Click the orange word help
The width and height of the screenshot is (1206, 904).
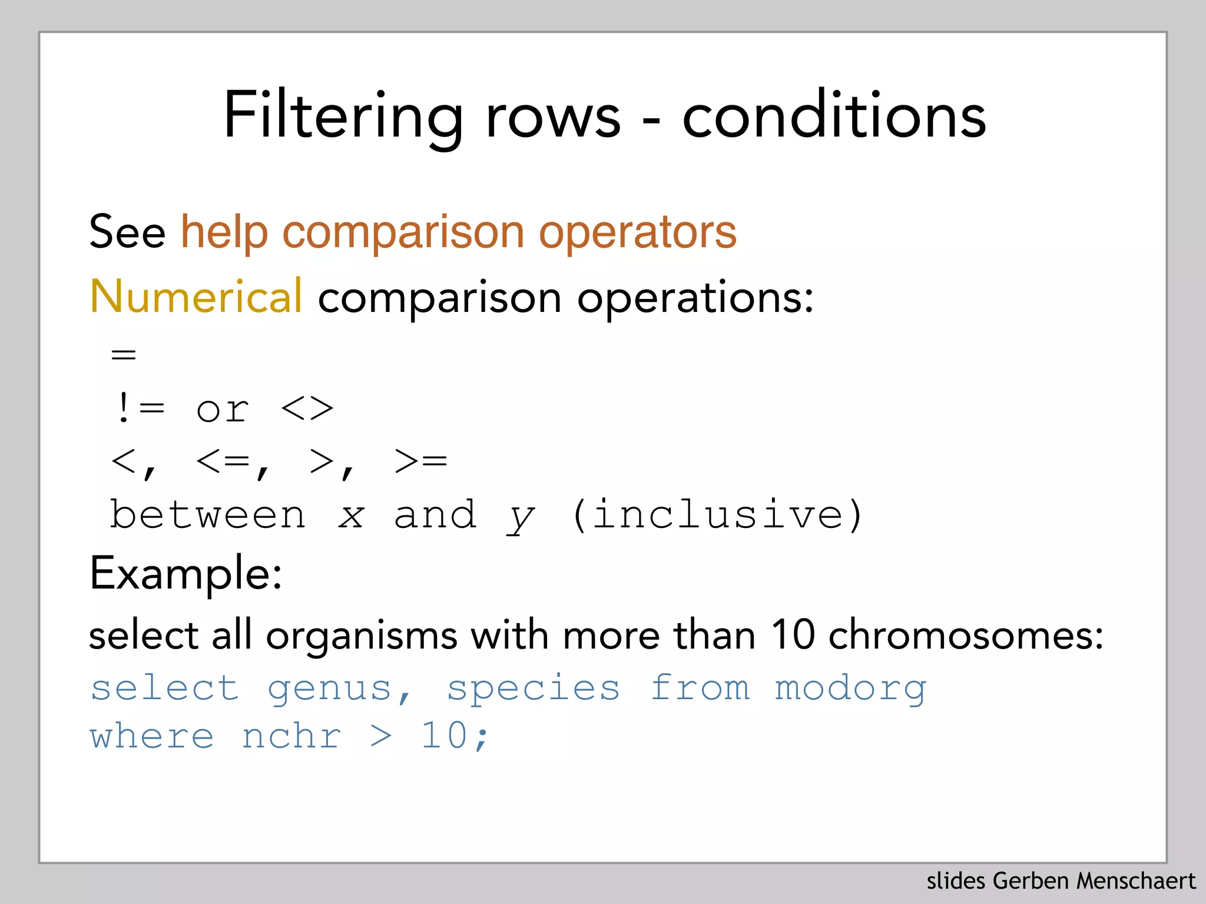224,232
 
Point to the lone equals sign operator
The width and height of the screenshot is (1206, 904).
124,355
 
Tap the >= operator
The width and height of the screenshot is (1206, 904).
420,461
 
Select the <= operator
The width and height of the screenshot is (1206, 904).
225,461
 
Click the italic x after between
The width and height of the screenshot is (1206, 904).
352,516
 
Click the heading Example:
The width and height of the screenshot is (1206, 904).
185,573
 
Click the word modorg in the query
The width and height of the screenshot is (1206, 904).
850,687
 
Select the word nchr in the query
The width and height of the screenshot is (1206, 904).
291,736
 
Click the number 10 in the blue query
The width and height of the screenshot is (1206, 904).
445,736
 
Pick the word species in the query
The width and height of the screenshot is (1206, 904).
534,687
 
